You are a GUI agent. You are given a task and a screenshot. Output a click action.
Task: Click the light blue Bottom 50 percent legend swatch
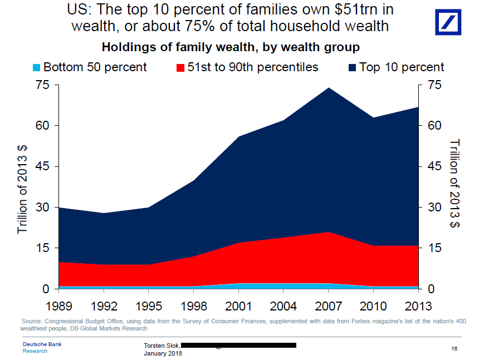(x=37, y=68)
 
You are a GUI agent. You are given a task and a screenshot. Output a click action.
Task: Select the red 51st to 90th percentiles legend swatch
(x=180, y=68)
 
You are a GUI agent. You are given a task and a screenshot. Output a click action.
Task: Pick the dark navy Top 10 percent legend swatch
(x=352, y=68)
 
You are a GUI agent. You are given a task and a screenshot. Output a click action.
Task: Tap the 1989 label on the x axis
(x=59, y=305)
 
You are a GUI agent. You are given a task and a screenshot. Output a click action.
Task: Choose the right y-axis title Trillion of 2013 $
(x=454, y=184)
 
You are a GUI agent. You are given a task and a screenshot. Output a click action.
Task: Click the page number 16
(x=454, y=348)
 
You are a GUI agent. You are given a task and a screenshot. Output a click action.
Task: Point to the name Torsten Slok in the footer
(x=161, y=346)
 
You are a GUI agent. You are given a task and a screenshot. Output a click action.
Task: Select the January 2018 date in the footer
(x=163, y=353)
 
